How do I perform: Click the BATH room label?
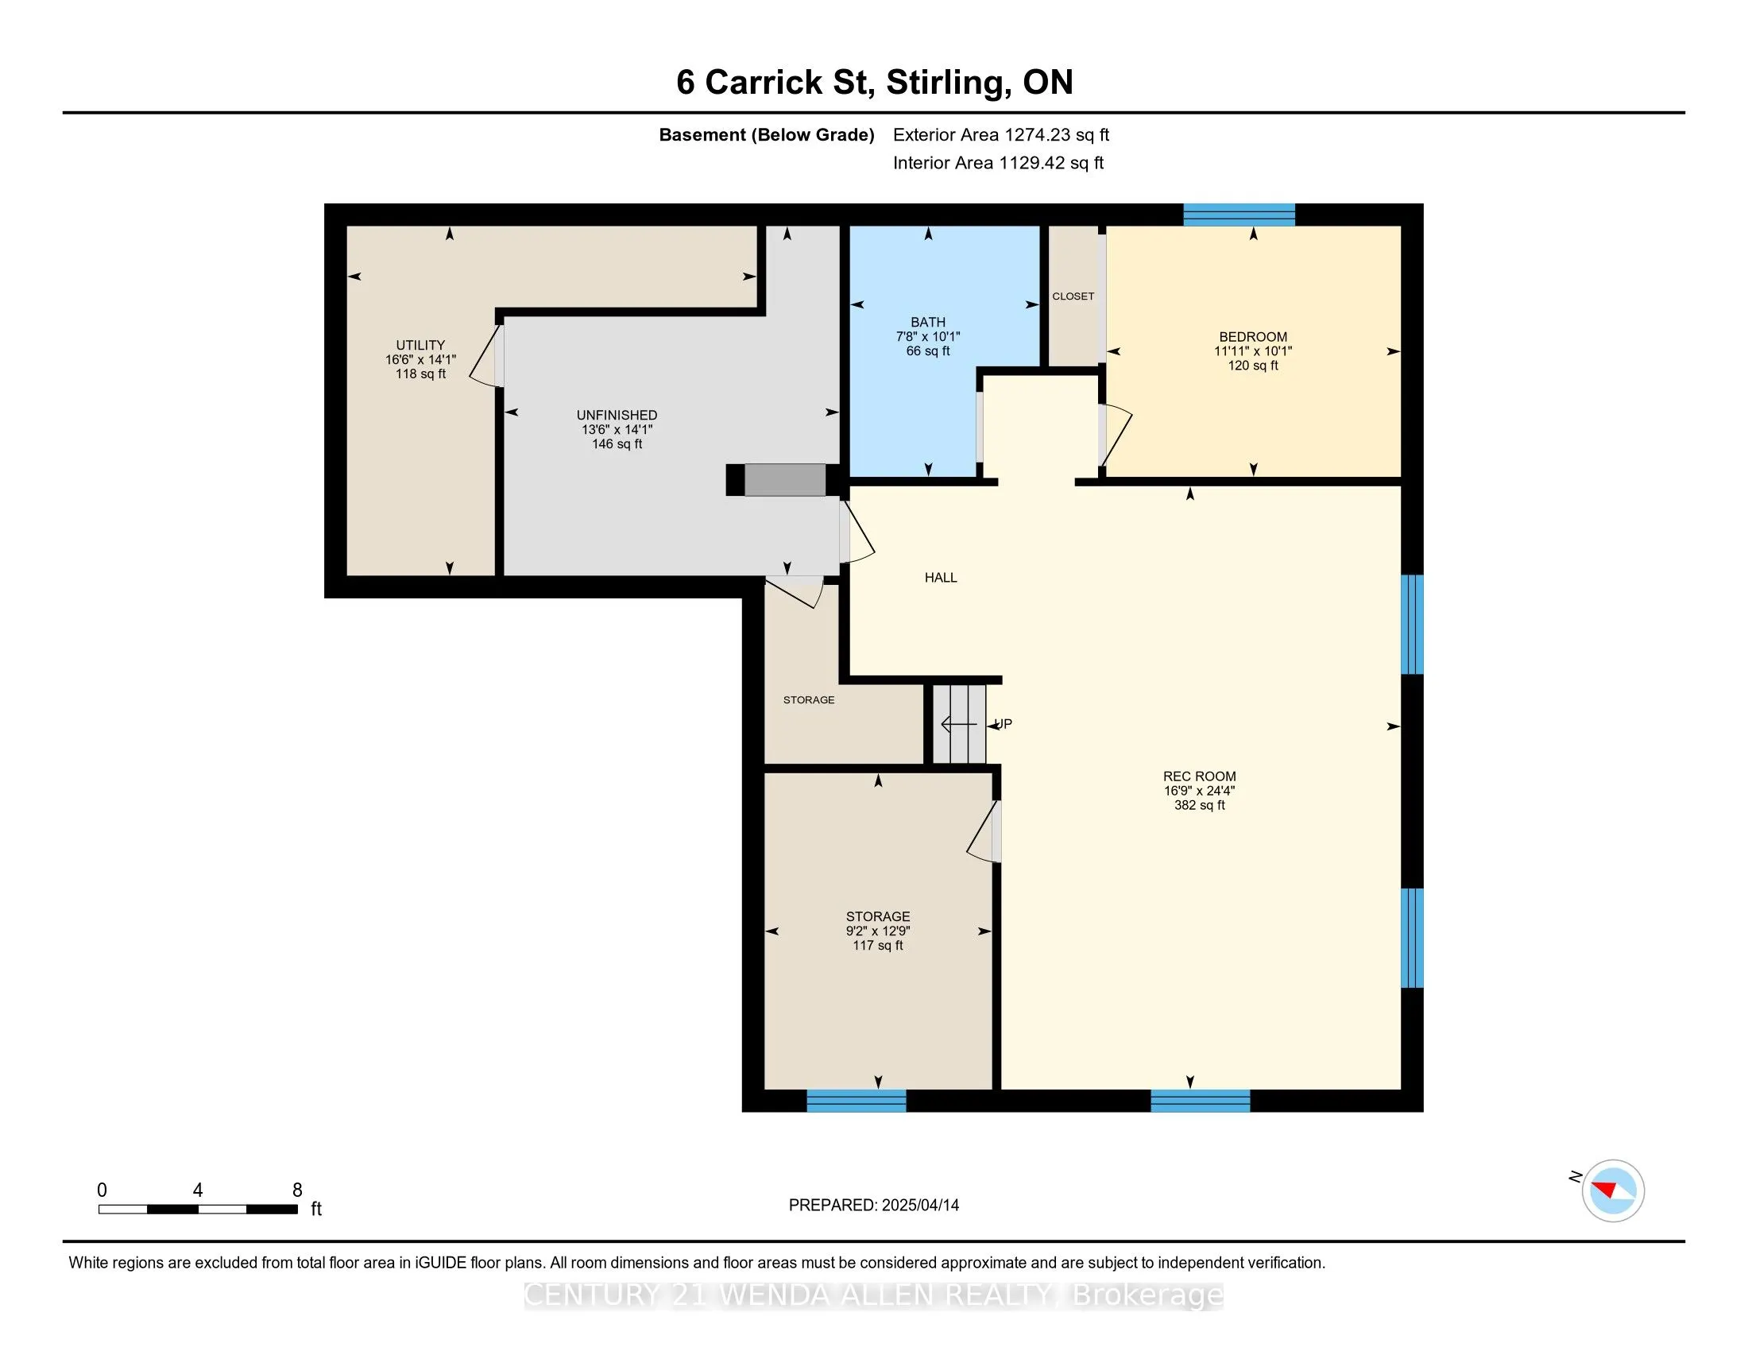pos(927,323)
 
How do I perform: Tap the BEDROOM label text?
pos(1252,337)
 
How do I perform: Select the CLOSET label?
pos(1073,296)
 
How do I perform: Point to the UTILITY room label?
pos(420,346)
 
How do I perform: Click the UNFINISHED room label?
pos(617,416)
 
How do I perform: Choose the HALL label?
pos(941,578)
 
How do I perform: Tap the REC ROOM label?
pos(1199,776)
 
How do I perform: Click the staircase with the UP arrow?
pos(959,724)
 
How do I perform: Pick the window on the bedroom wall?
pos(1239,215)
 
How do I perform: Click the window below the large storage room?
pos(856,1101)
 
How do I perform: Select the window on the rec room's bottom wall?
pos(1200,1101)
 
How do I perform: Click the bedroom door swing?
pos(1115,436)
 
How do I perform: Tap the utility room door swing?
pos(485,356)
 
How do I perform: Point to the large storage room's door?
pos(984,831)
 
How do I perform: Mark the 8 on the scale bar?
pos(297,1190)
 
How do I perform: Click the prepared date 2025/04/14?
pos(919,1206)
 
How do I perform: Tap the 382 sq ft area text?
pos(1199,805)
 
